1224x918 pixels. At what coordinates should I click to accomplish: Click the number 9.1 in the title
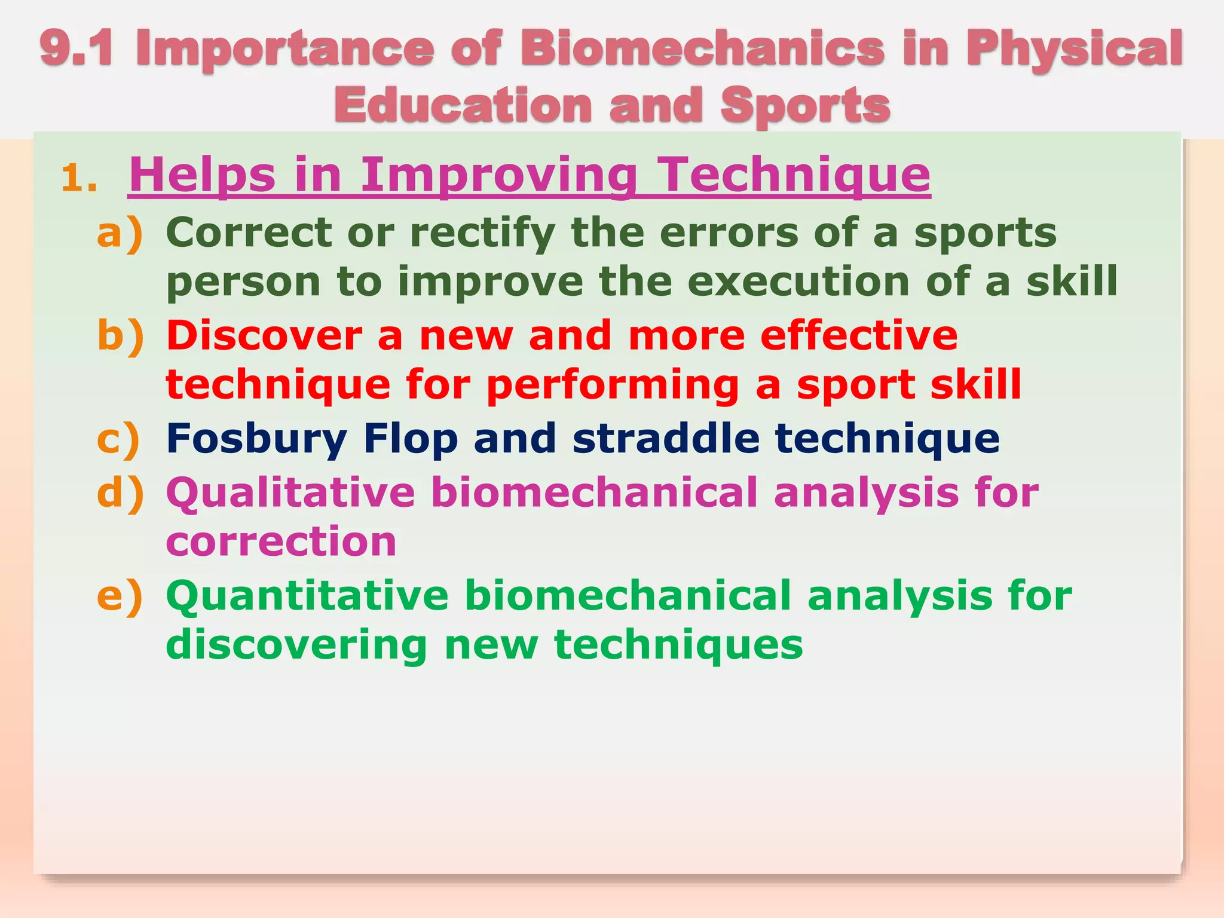click(76, 48)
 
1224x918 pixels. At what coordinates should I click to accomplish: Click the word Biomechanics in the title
click(702, 48)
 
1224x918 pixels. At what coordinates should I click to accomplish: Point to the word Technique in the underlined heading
click(793, 175)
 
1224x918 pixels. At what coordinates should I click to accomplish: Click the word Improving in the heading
click(499, 175)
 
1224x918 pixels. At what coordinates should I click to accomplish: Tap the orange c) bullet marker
click(118, 439)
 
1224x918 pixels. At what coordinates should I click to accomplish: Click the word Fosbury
click(256, 439)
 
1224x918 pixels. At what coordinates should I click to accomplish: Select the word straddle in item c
click(666, 438)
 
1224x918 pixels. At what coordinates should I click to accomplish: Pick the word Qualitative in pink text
click(290, 494)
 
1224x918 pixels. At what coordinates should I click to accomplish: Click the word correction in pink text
click(281, 541)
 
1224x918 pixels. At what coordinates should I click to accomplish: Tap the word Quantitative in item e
click(307, 596)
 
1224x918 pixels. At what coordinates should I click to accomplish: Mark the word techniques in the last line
click(678, 645)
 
